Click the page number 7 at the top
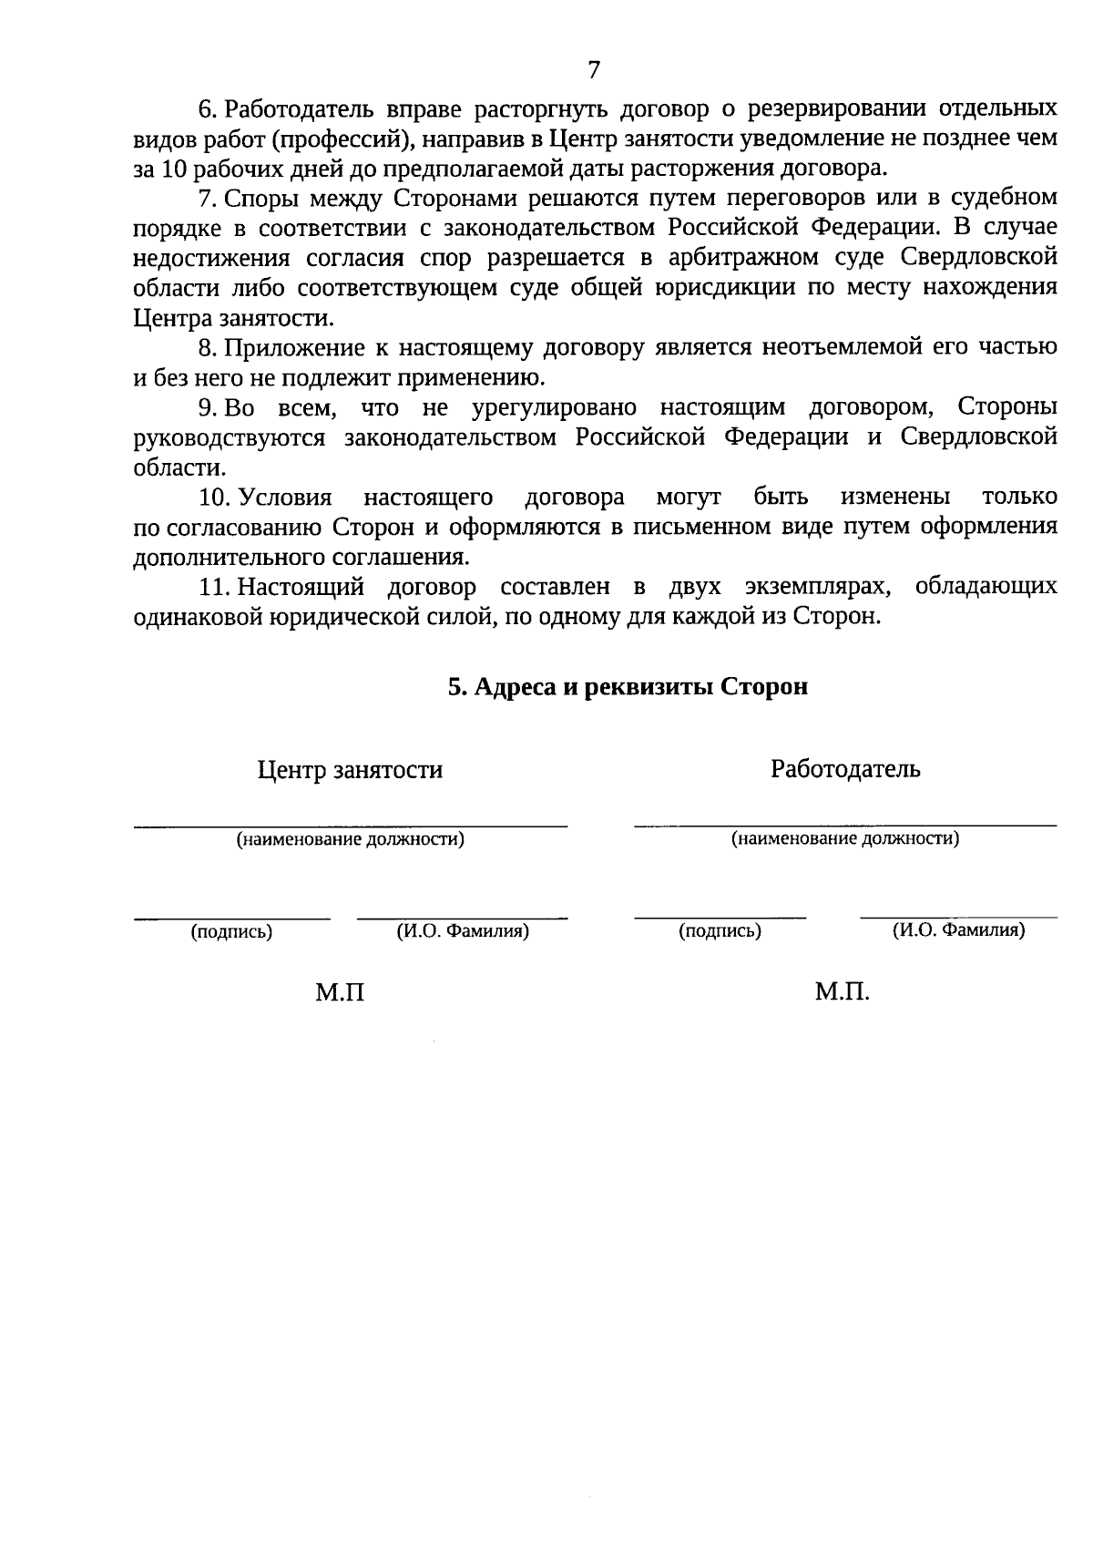tap(593, 70)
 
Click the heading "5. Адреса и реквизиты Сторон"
tap(628, 686)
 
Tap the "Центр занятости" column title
tap(350, 770)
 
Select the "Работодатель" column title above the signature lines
tap(845, 768)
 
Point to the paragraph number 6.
tap(206, 109)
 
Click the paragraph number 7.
tap(206, 198)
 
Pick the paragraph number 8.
tap(206, 347)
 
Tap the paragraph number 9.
tap(206, 407)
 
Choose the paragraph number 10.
tap(211, 497)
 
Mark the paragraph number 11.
tap(211, 586)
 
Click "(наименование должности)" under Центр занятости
tap(351, 839)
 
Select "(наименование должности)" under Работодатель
tap(845, 838)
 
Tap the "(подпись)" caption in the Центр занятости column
tap(231, 932)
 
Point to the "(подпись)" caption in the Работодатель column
tap(720, 931)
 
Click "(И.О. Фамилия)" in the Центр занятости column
tap(463, 931)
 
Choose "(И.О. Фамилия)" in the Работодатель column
tap(958, 930)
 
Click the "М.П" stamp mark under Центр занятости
tap(340, 992)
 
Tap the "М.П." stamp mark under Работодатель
tap(843, 991)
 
